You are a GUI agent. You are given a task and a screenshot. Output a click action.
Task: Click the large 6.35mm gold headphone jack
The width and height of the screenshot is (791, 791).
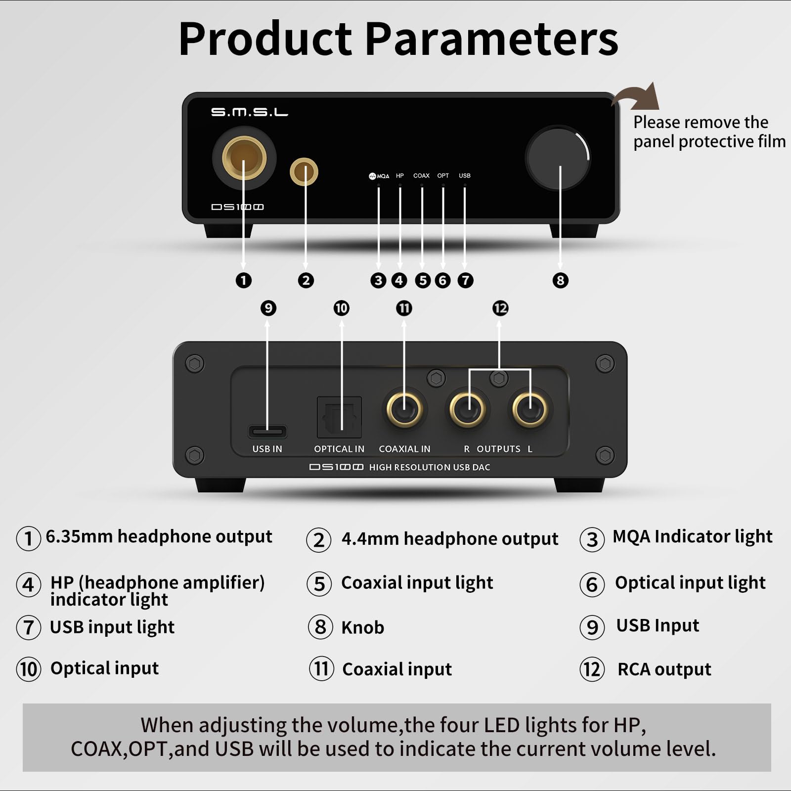click(244, 158)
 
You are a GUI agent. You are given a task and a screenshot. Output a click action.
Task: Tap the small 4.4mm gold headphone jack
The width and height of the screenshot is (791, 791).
click(304, 172)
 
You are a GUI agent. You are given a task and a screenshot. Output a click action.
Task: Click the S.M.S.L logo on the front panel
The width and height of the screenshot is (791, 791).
click(250, 112)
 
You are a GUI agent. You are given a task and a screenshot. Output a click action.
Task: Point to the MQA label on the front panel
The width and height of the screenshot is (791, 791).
click(379, 176)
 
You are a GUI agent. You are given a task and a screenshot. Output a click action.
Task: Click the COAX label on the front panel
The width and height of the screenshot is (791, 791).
click(421, 176)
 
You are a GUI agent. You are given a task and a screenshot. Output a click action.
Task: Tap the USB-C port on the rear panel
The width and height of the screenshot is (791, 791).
click(267, 431)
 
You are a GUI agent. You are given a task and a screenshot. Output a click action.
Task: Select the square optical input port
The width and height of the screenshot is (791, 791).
click(339, 417)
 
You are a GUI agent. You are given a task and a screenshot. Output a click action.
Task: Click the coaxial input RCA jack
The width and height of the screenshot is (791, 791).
click(404, 409)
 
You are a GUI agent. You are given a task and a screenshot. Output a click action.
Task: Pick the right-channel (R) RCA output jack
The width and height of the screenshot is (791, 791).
click(467, 409)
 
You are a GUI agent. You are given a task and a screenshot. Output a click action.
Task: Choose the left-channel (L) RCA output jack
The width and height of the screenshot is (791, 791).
click(530, 409)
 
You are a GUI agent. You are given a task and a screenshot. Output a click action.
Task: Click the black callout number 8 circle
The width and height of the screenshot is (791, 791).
click(560, 280)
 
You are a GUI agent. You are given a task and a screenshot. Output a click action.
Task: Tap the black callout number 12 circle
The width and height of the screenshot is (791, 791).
click(500, 308)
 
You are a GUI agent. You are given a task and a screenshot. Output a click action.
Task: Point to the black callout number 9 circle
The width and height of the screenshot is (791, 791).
click(268, 308)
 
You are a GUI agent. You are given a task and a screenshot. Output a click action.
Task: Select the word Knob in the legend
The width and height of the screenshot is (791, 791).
click(362, 627)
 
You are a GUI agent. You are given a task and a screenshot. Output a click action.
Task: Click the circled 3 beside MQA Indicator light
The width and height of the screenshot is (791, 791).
click(592, 539)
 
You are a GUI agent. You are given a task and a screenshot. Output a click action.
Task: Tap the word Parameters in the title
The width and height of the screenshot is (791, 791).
click(491, 40)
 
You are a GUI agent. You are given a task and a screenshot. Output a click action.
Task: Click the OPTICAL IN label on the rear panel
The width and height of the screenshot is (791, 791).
click(339, 449)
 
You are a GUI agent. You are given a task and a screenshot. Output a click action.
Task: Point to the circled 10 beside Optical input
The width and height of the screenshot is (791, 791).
click(29, 669)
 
